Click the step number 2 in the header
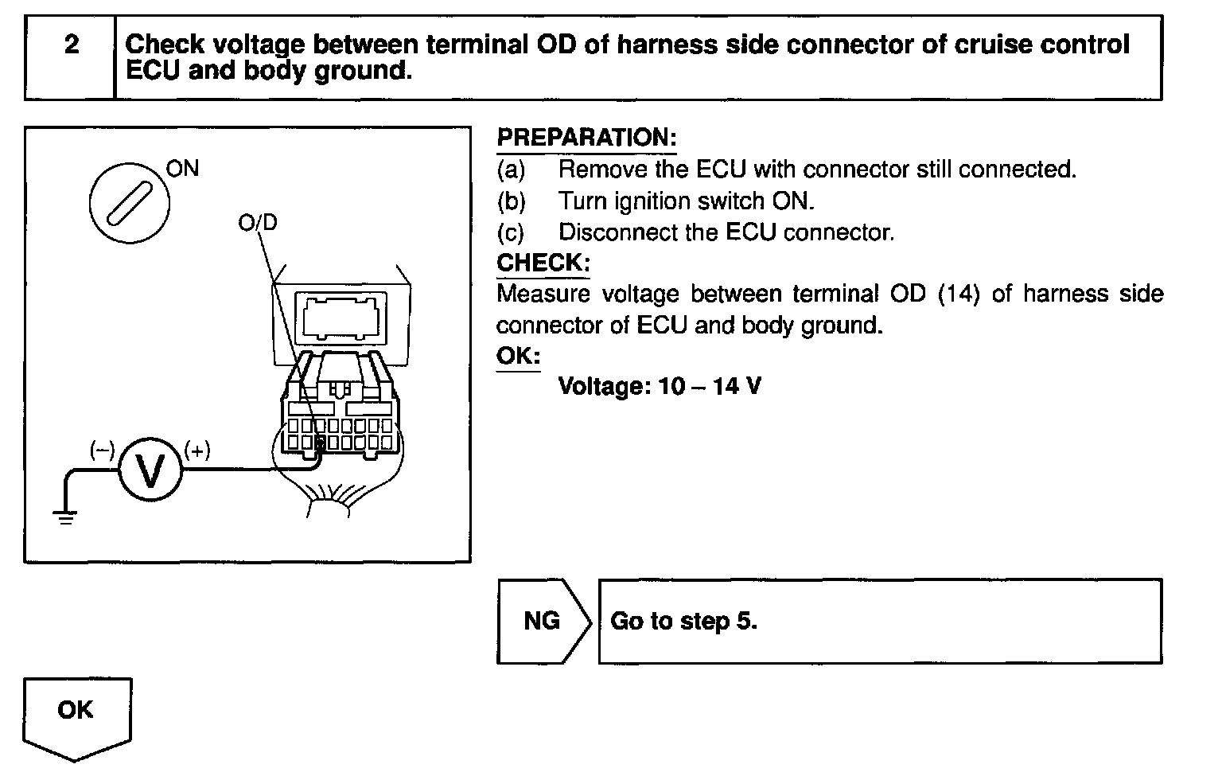72,45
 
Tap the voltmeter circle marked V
150,470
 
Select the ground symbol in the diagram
65,517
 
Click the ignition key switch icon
128,201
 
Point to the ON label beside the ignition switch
182,169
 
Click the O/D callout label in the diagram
258,223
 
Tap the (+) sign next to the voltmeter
197,450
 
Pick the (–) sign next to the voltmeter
102,450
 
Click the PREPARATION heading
586,137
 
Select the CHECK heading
543,263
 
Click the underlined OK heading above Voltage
518,355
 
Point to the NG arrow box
543,621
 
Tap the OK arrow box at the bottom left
76,711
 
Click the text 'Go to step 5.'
683,621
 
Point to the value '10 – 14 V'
710,387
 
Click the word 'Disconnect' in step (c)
616,232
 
